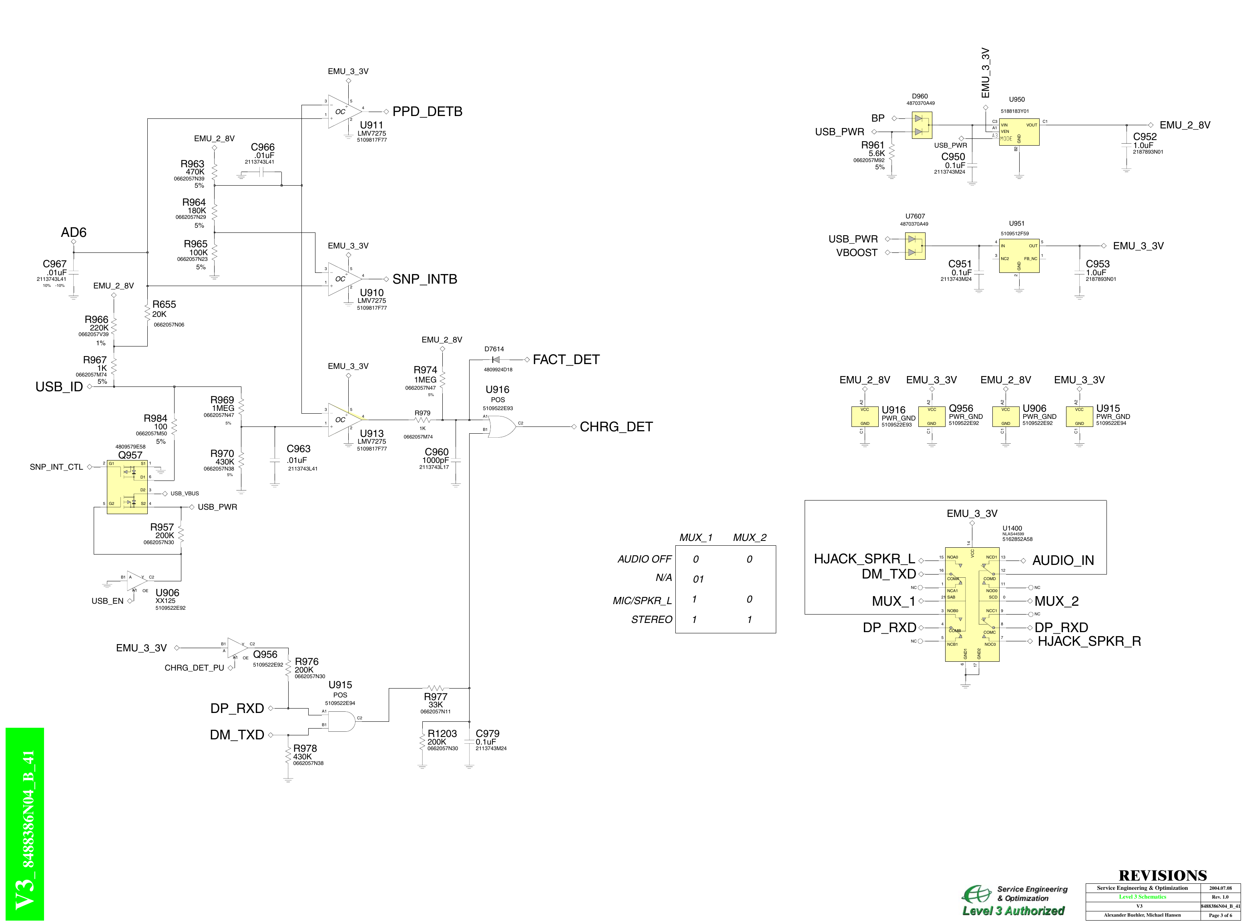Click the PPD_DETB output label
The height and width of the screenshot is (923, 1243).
[x=427, y=112]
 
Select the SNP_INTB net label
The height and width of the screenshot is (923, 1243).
[x=424, y=279]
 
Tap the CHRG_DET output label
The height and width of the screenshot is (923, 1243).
[x=616, y=427]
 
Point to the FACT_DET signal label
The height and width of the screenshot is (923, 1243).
[x=566, y=360]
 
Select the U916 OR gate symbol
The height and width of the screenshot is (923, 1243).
[x=501, y=427]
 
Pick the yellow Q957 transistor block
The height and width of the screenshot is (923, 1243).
[x=127, y=487]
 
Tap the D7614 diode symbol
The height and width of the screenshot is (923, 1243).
[x=495, y=360]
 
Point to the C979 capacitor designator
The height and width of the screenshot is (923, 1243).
[x=487, y=734]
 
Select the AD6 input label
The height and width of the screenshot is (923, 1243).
[x=73, y=232]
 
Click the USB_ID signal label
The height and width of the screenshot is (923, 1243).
[x=59, y=386]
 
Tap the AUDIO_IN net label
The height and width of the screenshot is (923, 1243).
[x=1062, y=561]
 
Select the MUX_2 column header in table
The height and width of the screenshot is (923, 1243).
[x=749, y=537]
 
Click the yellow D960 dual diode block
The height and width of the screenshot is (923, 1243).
[x=922, y=126]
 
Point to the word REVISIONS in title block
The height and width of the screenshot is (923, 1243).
[x=1162, y=875]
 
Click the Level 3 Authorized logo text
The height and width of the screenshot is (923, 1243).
[x=1013, y=911]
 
